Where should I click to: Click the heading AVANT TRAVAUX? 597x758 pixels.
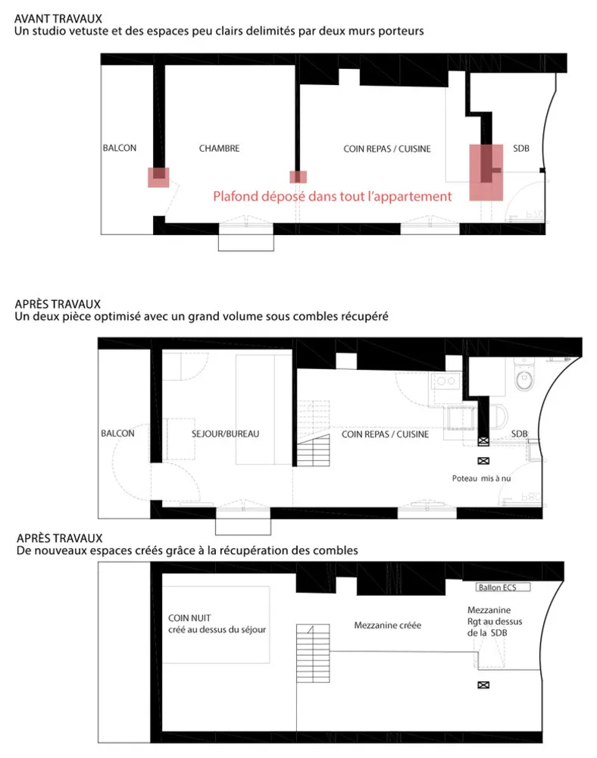(58, 17)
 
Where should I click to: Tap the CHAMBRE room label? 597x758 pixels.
(219, 149)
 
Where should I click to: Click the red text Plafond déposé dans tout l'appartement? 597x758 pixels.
(332, 196)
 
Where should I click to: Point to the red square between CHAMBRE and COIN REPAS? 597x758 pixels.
(299, 177)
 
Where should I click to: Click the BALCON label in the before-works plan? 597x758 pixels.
(120, 149)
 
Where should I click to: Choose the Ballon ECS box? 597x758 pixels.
(501, 587)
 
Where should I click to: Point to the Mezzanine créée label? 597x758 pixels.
(387, 626)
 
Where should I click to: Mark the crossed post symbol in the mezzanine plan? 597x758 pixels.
(483, 685)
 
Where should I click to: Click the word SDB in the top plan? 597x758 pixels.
(520, 149)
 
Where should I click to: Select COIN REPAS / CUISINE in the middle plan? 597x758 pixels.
(385, 434)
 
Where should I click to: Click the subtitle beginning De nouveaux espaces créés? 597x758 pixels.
(186, 550)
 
